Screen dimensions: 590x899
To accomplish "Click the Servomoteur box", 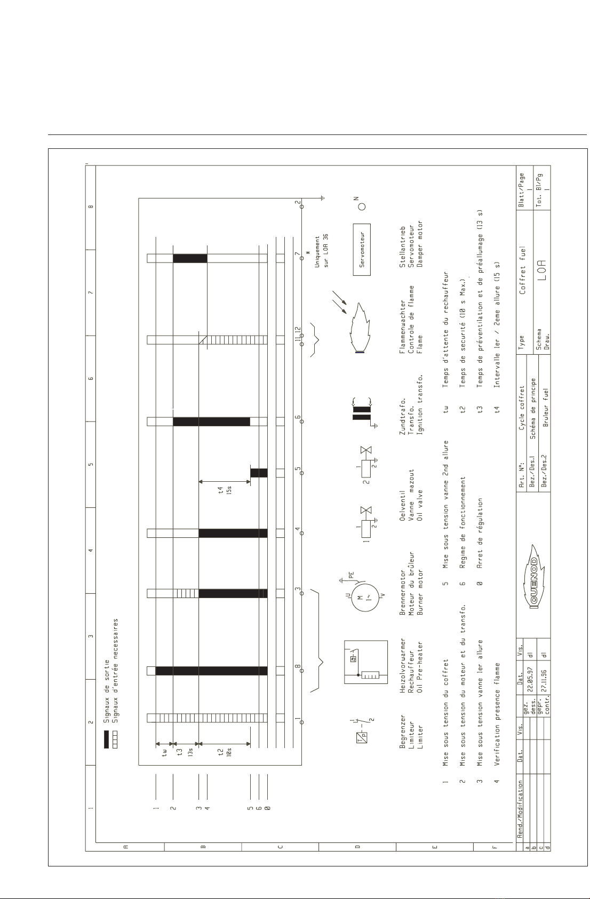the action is click(362, 249).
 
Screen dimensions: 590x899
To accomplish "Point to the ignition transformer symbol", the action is click(362, 413).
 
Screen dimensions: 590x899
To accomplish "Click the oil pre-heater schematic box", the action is click(365, 662).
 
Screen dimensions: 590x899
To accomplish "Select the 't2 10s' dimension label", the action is click(225, 752).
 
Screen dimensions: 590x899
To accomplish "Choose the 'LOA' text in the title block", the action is click(542, 270).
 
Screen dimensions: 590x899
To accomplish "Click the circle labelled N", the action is click(362, 206).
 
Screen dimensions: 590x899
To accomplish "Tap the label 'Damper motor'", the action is click(420, 243).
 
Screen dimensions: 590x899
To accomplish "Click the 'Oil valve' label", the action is click(420, 505).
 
